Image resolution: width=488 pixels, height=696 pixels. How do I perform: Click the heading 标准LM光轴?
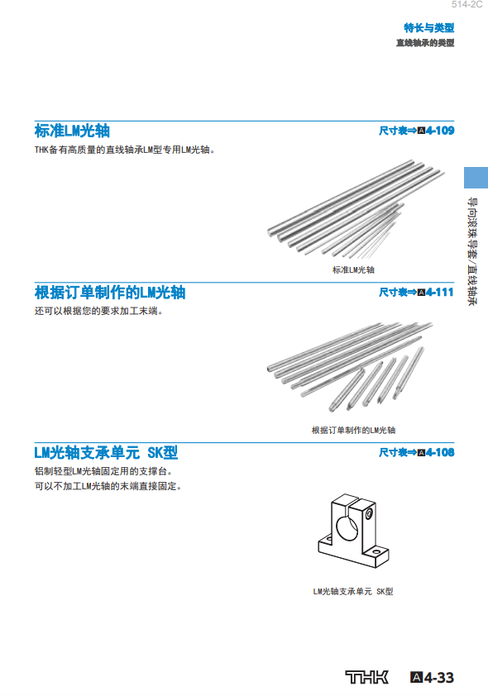(72, 131)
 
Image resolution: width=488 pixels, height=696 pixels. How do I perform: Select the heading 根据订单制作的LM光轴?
(110, 293)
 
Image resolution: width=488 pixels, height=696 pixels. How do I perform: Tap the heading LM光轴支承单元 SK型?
(106, 452)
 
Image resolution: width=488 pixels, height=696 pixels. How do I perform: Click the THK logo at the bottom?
(366, 677)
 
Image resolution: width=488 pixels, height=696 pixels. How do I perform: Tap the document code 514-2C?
(466, 4)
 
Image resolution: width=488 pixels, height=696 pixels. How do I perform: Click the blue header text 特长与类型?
(429, 27)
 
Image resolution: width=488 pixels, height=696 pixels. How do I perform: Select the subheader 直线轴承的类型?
(425, 43)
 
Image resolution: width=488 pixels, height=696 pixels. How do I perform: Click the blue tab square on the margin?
(476, 178)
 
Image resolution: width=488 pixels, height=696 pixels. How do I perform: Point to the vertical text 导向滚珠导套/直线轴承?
(472, 251)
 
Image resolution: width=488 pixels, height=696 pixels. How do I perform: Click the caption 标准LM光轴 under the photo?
(353, 269)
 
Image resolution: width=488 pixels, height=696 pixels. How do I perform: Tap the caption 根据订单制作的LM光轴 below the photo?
(353, 430)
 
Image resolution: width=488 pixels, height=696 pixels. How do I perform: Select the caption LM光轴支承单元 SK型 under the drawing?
(353, 591)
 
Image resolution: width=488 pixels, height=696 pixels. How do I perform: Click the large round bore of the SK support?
(347, 528)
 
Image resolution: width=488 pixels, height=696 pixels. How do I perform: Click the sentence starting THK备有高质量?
(125, 150)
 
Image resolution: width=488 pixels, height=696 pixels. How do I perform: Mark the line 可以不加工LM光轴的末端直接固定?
(108, 486)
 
